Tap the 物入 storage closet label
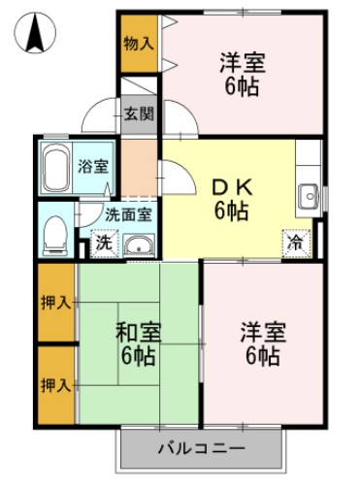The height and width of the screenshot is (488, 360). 139,43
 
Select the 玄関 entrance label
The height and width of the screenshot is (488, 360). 139,114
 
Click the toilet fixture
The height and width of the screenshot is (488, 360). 56,230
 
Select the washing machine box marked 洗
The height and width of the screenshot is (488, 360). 103,244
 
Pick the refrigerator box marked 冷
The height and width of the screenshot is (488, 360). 293,243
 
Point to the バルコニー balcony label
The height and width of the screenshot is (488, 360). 202,447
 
